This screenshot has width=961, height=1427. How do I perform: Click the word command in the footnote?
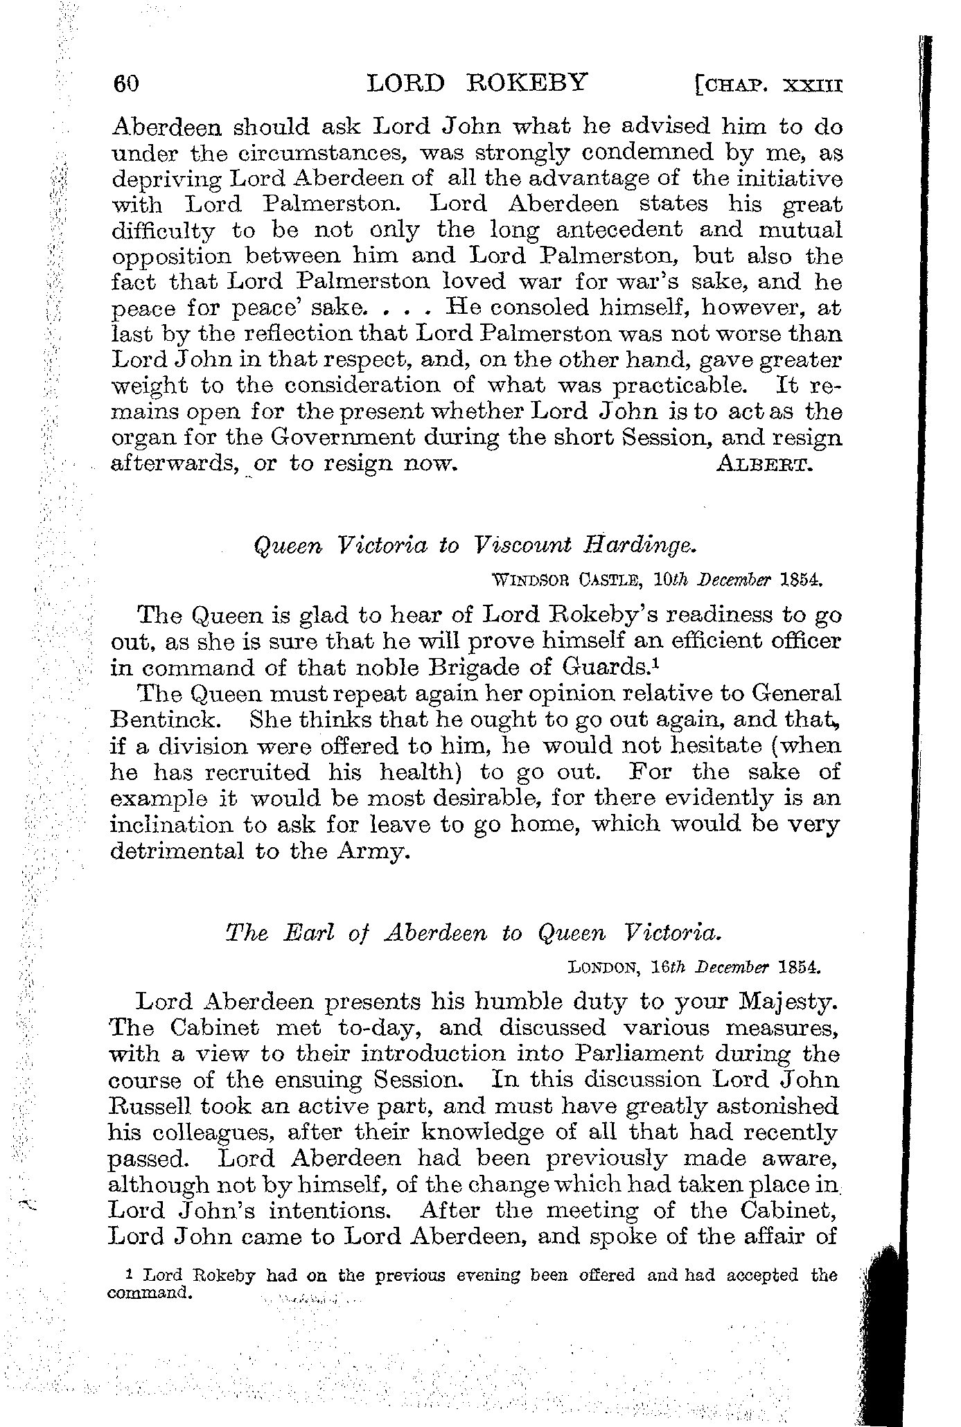pyautogui.click(x=148, y=1293)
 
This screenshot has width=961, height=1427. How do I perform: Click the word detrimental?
pyautogui.click(x=177, y=851)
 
